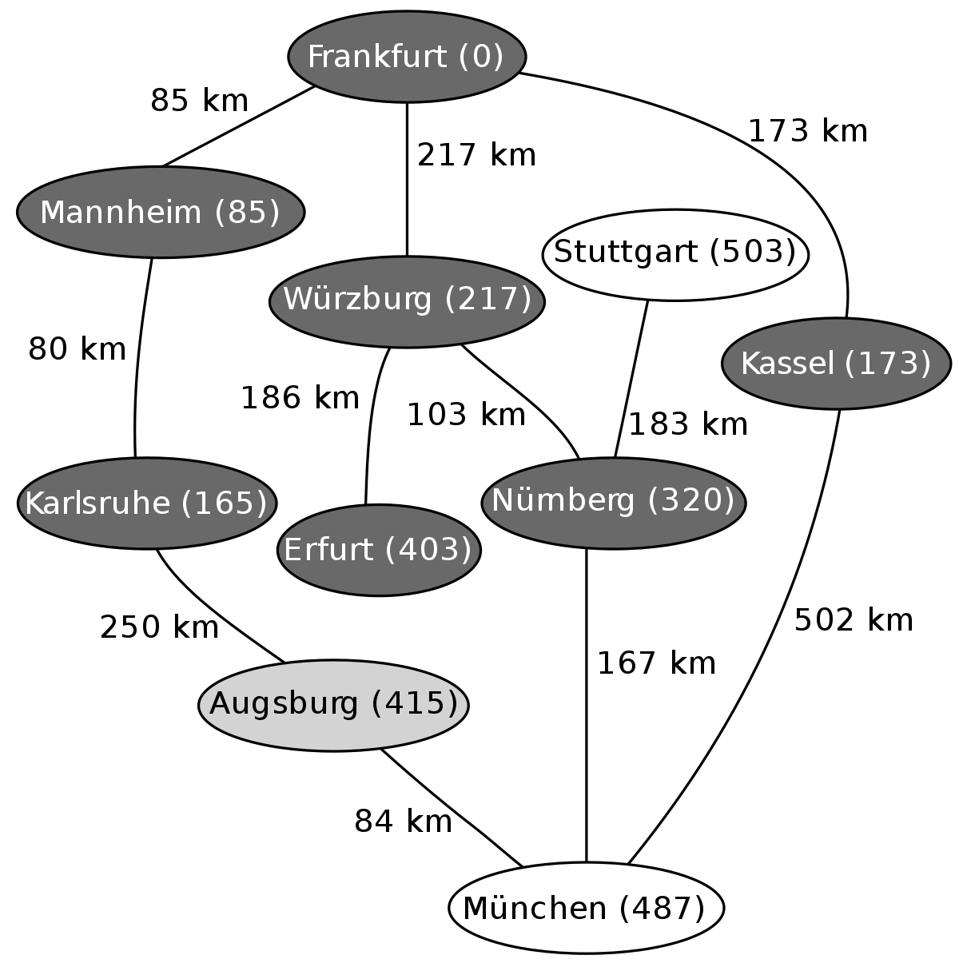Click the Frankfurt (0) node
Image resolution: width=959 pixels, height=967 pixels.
click(x=407, y=57)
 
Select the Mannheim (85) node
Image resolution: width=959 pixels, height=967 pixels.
click(x=161, y=213)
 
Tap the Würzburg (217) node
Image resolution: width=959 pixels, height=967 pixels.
click(x=407, y=301)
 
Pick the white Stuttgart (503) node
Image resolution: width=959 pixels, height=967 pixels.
click(x=675, y=255)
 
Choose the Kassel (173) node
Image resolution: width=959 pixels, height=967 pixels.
click(x=836, y=364)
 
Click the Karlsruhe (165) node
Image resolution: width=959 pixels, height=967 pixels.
click(x=146, y=503)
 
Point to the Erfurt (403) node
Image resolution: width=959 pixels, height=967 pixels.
click(x=379, y=550)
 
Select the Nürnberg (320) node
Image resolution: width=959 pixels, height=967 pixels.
click(x=613, y=503)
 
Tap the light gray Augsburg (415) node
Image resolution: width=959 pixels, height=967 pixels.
click(x=333, y=705)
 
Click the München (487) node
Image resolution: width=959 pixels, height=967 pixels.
click(x=586, y=908)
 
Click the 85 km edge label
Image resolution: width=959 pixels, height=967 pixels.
click(x=199, y=101)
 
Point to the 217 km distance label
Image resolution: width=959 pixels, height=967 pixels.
click(x=476, y=154)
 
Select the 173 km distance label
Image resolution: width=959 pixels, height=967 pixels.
click(x=807, y=132)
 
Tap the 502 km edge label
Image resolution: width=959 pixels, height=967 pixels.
click(x=854, y=619)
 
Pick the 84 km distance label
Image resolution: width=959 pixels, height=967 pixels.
click(x=403, y=822)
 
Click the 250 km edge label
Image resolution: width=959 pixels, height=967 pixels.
click(x=159, y=627)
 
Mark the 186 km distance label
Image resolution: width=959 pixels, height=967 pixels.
click(x=300, y=398)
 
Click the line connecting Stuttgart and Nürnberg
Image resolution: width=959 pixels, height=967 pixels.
click(x=631, y=380)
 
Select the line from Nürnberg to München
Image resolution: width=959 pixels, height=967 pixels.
click(x=586, y=706)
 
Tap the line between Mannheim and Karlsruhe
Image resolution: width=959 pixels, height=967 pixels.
click(x=138, y=357)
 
